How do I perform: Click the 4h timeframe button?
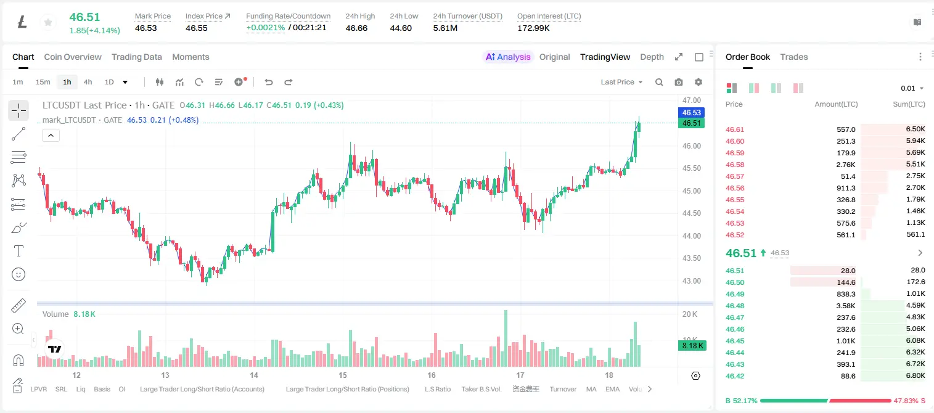click(88, 82)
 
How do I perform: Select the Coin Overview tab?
click(73, 57)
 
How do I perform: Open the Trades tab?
click(794, 57)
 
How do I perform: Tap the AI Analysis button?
click(508, 57)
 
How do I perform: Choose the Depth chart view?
click(652, 57)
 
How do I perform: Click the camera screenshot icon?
click(679, 82)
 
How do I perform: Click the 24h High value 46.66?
click(356, 28)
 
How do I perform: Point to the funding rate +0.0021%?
click(266, 28)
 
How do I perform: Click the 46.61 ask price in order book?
click(735, 129)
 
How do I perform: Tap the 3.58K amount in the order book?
click(846, 306)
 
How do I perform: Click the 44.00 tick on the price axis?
click(691, 236)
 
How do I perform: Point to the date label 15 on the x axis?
click(342, 375)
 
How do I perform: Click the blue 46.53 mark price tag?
click(691, 113)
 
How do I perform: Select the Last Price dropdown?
click(621, 82)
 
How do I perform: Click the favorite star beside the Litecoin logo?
click(48, 22)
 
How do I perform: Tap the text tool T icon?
click(18, 251)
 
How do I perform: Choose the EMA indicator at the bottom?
click(612, 389)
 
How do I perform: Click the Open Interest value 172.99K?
click(533, 28)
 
